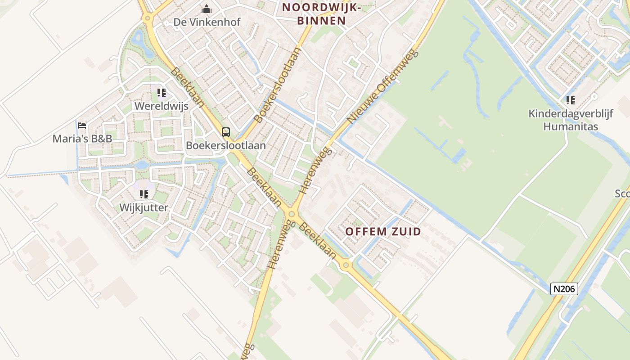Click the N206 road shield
pyautogui.click(x=564, y=289)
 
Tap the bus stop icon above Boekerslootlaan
pyautogui.click(x=226, y=132)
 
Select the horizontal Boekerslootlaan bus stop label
pyautogui.click(x=226, y=145)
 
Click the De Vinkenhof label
pyautogui.click(x=207, y=22)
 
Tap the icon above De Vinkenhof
pyautogui.click(x=207, y=9)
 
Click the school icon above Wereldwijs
pyautogui.click(x=162, y=93)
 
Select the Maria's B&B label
pyautogui.click(x=82, y=139)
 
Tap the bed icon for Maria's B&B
pyautogui.click(x=82, y=126)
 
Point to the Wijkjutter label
pyautogui.click(x=144, y=207)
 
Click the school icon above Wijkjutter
pyautogui.click(x=144, y=194)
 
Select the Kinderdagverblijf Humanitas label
pyautogui.click(x=571, y=120)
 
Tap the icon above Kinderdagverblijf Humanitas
pyautogui.click(x=571, y=100)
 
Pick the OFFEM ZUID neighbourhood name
pyautogui.click(x=383, y=232)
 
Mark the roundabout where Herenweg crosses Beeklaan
pyautogui.click(x=292, y=214)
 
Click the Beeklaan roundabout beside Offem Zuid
pyautogui.click(x=346, y=265)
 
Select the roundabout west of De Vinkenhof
pyautogui.click(x=147, y=18)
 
